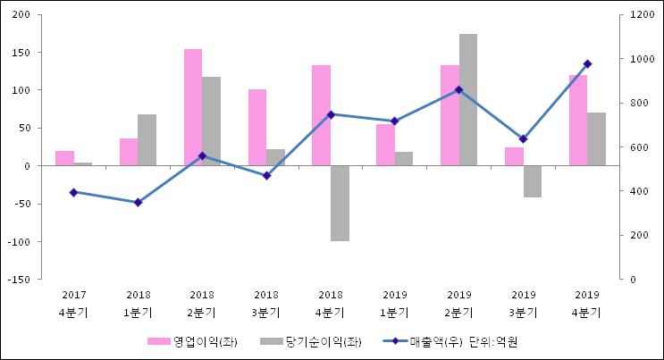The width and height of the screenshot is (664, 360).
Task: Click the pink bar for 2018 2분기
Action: click(x=193, y=107)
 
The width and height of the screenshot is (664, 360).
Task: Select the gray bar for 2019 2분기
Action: click(x=468, y=100)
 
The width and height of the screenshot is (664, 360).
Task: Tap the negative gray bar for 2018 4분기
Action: click(x=340, y=203)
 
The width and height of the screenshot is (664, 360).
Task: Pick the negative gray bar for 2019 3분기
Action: click(x=533, y=181)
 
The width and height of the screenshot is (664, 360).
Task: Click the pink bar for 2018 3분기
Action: click(x=257, y=128)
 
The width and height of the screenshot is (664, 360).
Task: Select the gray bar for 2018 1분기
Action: click(x=147, y=140)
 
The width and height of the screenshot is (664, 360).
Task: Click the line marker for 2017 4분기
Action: click(x=73, y=192)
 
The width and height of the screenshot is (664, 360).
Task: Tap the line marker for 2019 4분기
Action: click(x=587, y=63)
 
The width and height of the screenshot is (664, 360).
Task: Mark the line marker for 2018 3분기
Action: click(x=266, y=175)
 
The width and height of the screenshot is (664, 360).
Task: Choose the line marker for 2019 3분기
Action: click(x=523, y=139)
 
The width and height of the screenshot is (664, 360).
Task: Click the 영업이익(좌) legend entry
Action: click(x=192, y=341)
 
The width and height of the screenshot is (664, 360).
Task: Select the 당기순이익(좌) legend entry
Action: click(x=312, y=341)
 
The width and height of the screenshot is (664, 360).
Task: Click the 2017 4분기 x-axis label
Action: click(x=73, y=304)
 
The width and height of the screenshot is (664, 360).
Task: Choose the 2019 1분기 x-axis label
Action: click(x=395, y=304)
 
